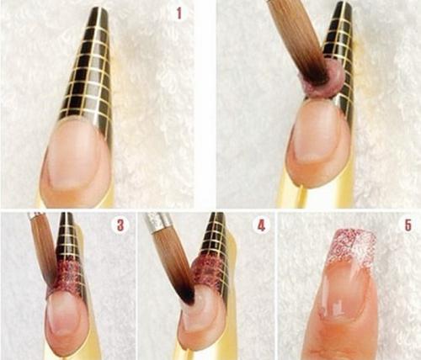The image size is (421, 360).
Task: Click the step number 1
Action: click(179, 13)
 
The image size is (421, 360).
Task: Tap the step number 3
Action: click(120, 225)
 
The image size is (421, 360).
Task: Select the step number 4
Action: click(261, 225)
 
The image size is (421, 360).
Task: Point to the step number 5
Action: click(408, 225)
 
